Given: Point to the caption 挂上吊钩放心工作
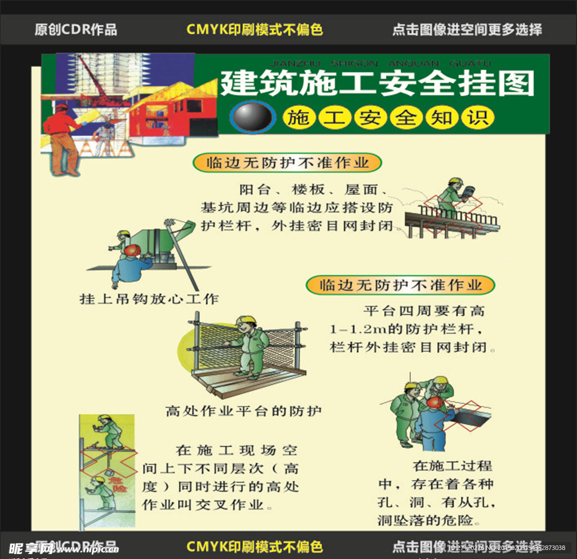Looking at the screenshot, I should coord(149,299).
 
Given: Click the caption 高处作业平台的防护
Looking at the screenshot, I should coord(243,411).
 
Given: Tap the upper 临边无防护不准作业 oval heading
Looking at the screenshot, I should coord(287,163).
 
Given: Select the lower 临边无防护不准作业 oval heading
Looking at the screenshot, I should coord(401,285).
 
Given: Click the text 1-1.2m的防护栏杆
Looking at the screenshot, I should coord(406,329).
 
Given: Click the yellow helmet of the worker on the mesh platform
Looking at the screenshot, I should coord(246,320).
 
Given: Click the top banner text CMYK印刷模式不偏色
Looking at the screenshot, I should coord(255,30).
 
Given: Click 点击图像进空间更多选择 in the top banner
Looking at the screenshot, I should coord(467,30).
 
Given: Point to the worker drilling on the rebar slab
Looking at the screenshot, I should coord(454,197).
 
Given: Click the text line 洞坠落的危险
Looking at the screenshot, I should coord(428,520).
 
